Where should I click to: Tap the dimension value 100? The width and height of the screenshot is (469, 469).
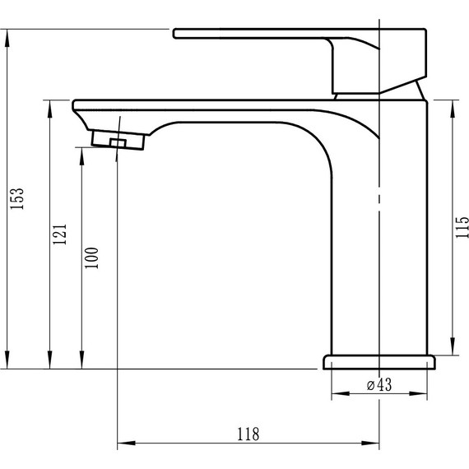coord(91,258)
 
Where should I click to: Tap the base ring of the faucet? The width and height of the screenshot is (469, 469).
coord(378,362)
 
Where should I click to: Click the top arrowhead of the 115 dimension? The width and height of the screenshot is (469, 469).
coord(452,104)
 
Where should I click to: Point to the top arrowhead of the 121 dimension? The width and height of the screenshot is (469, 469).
coord(49,104)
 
